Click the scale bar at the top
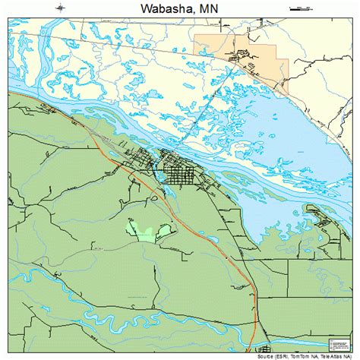click(x=301, y=8)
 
